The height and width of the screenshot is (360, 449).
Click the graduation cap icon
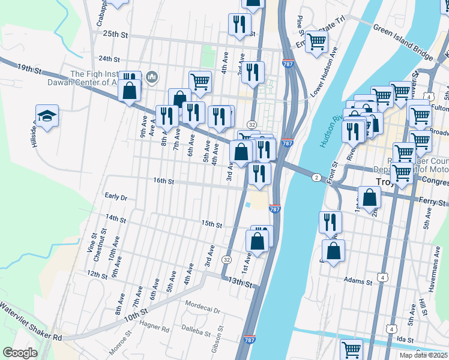coord(46,116)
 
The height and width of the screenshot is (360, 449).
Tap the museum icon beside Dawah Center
coord(151,77)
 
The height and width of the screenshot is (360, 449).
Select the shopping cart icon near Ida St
coord(351,349)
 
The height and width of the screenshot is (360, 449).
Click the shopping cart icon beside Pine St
coord(316,42)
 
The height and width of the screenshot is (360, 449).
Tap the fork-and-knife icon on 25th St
coord(240,24)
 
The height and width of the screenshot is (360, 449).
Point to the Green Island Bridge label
coord(402,43)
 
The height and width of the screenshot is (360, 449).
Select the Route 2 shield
coord(316,177)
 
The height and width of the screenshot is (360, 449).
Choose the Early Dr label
coord(116,197)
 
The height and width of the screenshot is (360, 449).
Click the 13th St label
coord(240,282)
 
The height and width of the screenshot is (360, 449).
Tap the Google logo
coord(20,352)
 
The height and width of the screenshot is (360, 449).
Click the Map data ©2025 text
coord(423,355)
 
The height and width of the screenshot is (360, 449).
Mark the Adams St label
coord(360,280)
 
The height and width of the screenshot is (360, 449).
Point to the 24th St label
coord(109,59)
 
